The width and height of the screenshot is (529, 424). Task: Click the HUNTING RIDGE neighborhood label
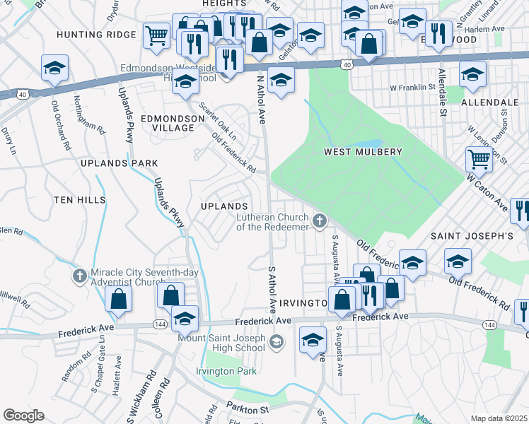point(96,35)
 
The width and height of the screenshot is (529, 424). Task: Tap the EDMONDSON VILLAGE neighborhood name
point(168,123)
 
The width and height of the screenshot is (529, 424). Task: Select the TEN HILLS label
point(79,201)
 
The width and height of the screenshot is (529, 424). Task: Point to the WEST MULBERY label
point(363,152)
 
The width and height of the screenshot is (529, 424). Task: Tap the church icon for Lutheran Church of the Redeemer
point(320,222)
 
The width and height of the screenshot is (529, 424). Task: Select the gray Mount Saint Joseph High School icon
point(277,343)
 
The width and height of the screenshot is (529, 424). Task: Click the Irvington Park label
point(226,372)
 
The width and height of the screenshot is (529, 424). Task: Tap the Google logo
point(23,415)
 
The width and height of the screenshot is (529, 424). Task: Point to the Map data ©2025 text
point(498,418)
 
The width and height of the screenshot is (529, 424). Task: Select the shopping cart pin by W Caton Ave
point(479,160)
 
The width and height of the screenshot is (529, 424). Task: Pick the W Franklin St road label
point(410,87)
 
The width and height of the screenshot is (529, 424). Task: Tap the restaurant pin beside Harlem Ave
point(438,33)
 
